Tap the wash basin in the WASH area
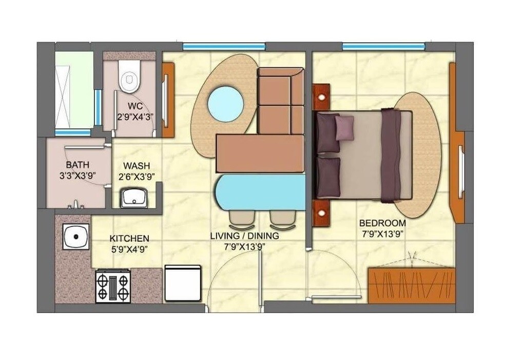click(134, 198)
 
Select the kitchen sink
click(76, 237)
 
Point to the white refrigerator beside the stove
click(183, 283)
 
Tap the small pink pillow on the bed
click(344, 127)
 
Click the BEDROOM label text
click(382, 223)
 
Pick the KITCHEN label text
click(129, 239)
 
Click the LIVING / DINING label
click(244, 236)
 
